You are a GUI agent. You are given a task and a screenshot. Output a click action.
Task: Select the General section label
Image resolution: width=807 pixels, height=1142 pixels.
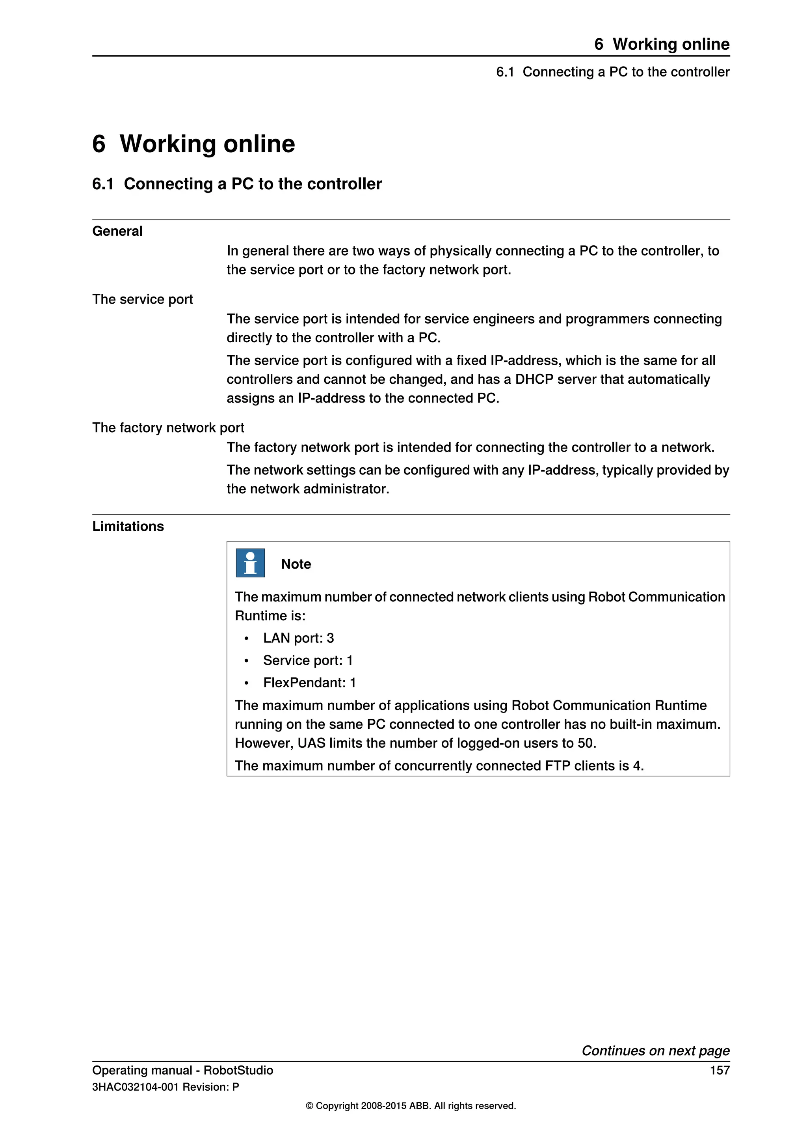(x=117, y=231)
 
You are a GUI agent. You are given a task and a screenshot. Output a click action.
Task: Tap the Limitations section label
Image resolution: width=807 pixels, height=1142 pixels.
(x=128, y=526)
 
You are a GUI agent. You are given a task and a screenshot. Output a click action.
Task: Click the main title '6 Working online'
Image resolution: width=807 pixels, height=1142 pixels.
(x=193, y=144)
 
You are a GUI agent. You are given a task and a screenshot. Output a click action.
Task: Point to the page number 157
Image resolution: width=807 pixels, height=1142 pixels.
(x=719, y=1070)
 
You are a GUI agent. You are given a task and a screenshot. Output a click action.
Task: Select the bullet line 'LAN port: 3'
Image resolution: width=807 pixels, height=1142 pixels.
(x=298, y=638)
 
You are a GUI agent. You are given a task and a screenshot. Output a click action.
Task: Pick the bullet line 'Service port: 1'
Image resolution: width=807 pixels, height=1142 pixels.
(x=308, y=661)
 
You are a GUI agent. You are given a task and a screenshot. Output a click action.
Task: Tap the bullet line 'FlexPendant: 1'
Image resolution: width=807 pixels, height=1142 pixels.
(x=309, y=683)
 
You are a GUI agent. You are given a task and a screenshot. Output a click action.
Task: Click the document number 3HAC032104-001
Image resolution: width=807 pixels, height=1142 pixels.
(x=135, y=1087)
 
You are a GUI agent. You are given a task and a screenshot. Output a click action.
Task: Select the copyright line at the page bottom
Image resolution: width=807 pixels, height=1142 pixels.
(x=411, y=1106)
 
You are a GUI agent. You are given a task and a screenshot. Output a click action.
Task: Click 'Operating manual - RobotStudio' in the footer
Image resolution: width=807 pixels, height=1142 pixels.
(x=182, y=1070)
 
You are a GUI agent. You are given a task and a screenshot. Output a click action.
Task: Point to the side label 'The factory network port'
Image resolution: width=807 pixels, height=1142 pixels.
(x=168, y=428)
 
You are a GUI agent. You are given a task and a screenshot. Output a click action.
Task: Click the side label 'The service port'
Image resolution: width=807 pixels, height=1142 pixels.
(x=142, y=299)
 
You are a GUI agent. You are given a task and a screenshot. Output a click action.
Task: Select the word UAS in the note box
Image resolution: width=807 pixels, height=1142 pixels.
(x=311, y=743)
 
